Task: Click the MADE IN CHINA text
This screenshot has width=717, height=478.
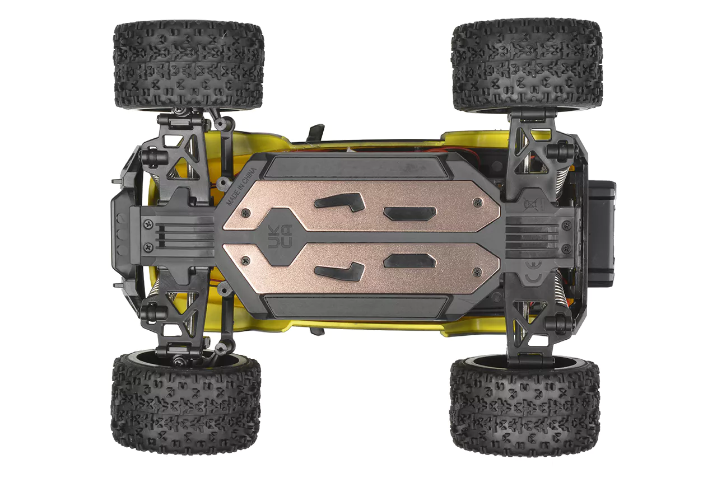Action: (241, 186)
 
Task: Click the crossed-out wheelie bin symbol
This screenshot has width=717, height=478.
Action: (530, 204)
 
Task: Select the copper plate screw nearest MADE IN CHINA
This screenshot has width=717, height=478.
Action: (245, 213)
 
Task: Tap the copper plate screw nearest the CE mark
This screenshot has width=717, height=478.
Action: (478, 272)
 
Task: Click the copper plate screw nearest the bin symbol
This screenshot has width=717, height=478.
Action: (478, 202)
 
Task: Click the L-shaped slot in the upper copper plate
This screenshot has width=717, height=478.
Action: (339, 202)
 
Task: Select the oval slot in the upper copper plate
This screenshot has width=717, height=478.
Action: (410, 213)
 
